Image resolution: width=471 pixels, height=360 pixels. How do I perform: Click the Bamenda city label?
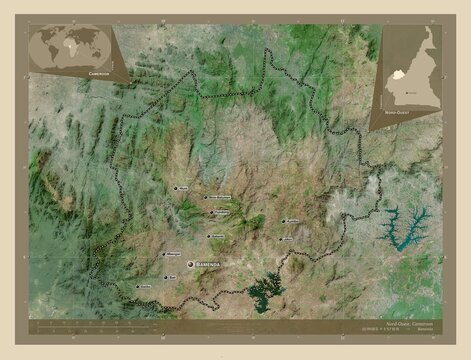tap(213, 264)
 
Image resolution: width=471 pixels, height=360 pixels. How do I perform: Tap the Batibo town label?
tap(146, 286)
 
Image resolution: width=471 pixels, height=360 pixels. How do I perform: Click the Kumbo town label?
tap(293, 221)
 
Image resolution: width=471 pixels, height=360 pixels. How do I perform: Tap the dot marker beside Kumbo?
tap(283, 222)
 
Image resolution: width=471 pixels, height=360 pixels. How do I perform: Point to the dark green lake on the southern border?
tap(266, 291)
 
